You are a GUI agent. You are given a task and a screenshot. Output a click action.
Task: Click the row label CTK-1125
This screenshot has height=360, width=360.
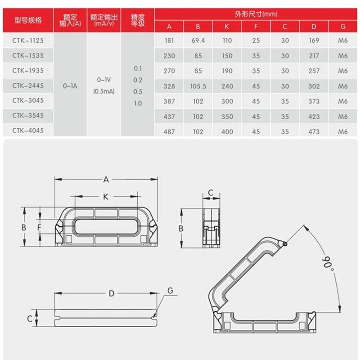(27, 40)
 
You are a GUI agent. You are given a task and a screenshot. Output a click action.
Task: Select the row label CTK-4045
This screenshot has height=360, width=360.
(27, 131)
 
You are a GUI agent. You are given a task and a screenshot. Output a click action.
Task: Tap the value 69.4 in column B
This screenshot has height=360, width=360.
(198, 40)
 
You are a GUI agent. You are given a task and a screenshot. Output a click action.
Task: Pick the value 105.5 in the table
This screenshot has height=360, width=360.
(198, 86)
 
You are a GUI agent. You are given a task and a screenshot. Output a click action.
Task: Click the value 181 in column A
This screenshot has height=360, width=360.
(169, 40)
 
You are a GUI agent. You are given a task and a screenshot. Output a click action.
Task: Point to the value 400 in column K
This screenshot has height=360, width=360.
(227, 131)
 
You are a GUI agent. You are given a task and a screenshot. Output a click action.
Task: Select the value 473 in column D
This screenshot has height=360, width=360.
(314, 131)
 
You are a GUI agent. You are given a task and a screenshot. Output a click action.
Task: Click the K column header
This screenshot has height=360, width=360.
(227, 26)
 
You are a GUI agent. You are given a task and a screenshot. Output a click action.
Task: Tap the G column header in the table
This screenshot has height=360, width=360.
(343, 26)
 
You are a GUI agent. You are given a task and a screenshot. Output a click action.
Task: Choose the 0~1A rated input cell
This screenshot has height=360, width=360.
(70, 85)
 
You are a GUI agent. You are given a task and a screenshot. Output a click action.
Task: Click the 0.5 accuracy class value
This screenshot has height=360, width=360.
(138, 91)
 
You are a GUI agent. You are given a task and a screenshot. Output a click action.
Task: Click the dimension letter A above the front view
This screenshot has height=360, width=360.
(106, 180)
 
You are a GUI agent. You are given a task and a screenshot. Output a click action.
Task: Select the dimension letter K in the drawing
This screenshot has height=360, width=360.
(106, 197)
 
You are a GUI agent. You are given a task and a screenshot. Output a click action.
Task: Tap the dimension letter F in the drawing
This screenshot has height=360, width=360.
(39, 228)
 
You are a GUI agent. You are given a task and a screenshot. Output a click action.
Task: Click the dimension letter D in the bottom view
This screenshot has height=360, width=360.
(112, 293)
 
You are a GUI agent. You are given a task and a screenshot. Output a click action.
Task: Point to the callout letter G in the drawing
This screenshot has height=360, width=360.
(170, 291)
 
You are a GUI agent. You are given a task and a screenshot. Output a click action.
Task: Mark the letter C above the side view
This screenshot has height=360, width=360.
(210, 193)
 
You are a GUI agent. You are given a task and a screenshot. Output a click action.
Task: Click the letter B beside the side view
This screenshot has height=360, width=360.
(181, 228)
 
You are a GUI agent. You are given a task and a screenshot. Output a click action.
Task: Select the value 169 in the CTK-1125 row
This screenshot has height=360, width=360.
(314, 40)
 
